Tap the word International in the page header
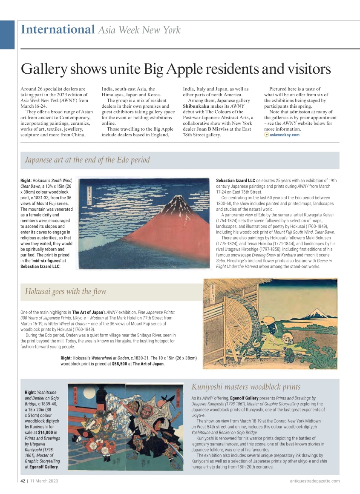pyautogui.click(x=58, y=29)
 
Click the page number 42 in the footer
pyautogui.click(x=23, y=481)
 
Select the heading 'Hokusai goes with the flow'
pyautogui.click(x=66, y=292)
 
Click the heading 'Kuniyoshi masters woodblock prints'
pyautogui.click(x=246, y=387)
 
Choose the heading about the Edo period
pyautogui.click(x=87, y=160)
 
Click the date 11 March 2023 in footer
pyautogui.click(x=44, y=481)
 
